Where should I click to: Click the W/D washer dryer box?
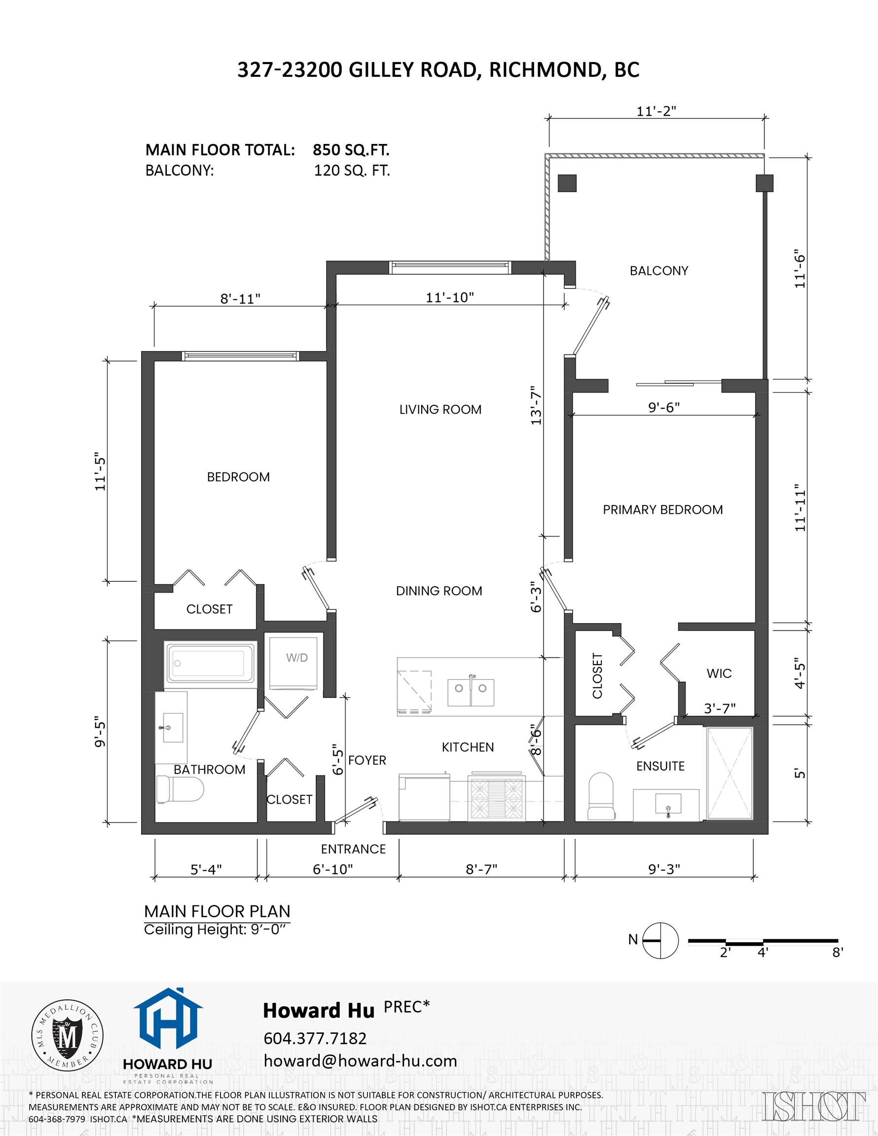[x=293, y=662]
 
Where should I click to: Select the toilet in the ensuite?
[x=600, y=796]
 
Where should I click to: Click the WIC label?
[x=719, y=674]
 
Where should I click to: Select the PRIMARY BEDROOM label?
[x=662, y=510]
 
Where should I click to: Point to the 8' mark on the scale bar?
[x=837, y=952]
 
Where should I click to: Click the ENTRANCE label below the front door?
[x=353, y=849]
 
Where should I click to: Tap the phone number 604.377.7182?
[x=315, y=1038]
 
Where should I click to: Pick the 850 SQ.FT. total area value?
[x=351, y=150]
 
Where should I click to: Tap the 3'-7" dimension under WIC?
[x=719, y=709]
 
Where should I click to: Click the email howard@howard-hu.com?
[x=360, y=1061]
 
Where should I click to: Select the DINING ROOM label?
[x=439, y=591]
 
